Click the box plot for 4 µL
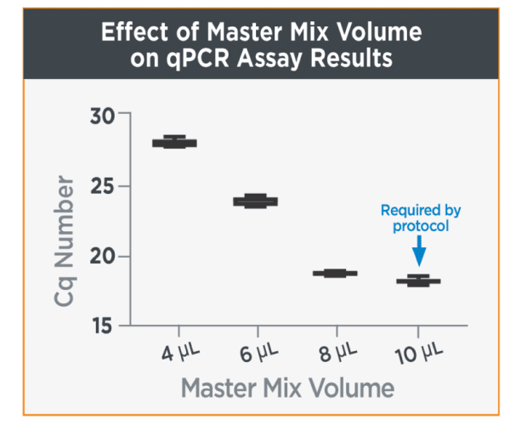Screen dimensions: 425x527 pos(174,142)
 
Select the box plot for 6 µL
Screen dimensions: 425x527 pos(255,201)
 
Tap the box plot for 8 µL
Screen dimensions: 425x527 pos(335,273)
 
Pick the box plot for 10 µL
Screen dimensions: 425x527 pos(417,280)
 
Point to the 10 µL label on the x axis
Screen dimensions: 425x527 pos(416,351)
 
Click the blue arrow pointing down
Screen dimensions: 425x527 pos(418,250)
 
